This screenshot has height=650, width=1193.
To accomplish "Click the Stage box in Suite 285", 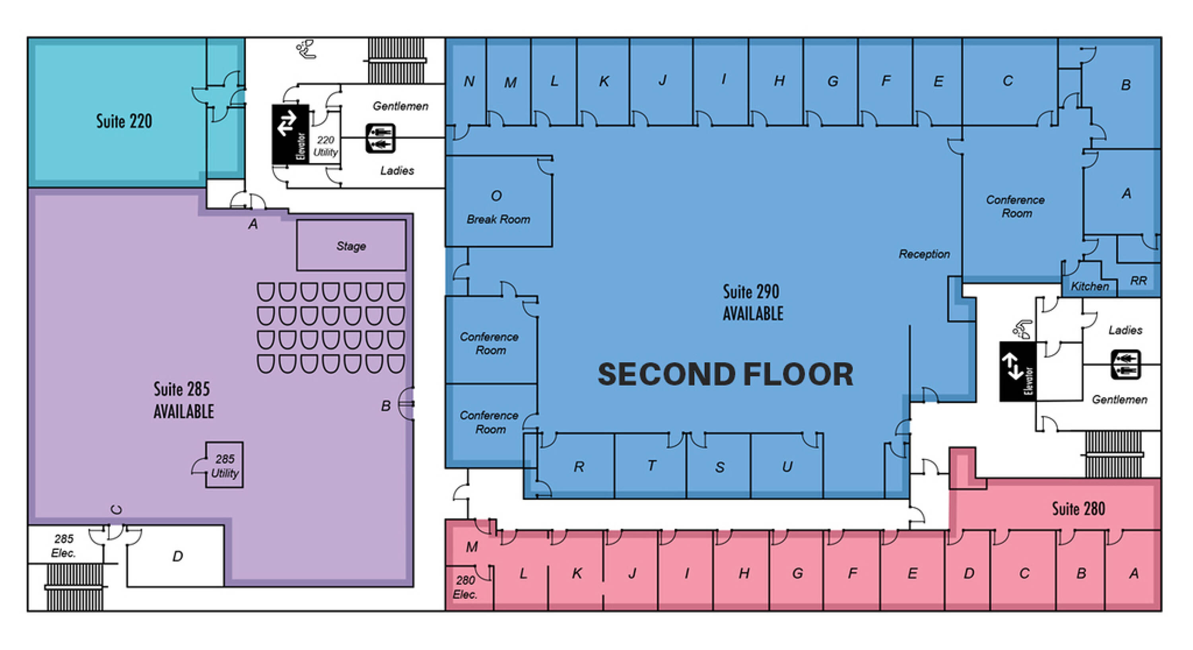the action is point(351,245).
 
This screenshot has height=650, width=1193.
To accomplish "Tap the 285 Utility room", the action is point(224,465).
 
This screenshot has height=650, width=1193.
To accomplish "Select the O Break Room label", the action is point(498,208).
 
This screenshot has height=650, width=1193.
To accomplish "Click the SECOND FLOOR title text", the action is point(725,374).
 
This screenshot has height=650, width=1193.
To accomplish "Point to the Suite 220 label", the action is point(124,121).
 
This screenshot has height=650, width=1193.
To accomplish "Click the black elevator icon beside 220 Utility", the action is point(290,134).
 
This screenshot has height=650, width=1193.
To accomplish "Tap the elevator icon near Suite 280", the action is point(1018,371).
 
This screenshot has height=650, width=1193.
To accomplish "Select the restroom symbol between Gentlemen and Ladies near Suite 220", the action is point(380,138).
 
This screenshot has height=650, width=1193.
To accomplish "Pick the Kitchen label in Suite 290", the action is point(1090,286).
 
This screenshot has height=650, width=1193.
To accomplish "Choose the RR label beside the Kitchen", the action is point(1139,281).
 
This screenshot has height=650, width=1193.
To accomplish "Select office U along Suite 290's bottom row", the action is point(786,466).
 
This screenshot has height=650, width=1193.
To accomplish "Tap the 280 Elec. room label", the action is point(465,587).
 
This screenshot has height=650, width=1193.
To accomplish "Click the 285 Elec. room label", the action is point(64,545).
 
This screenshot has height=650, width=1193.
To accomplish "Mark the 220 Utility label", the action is point(325,146).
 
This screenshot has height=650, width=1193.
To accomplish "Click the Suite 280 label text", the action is point(1078,509).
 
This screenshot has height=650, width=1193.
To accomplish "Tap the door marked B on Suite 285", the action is point(407,404).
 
